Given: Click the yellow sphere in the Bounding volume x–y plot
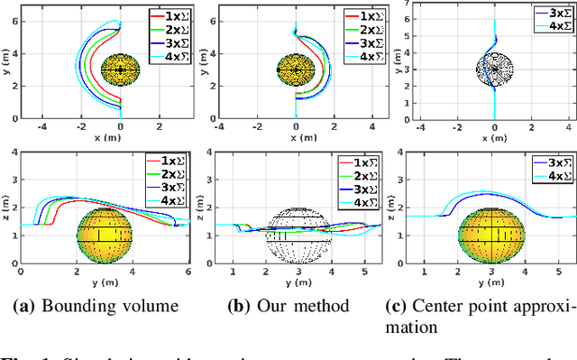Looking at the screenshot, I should pyautogui.click(x=120, y=69).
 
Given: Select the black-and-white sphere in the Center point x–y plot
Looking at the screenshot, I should pyautogui.click(x=494, y=70).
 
